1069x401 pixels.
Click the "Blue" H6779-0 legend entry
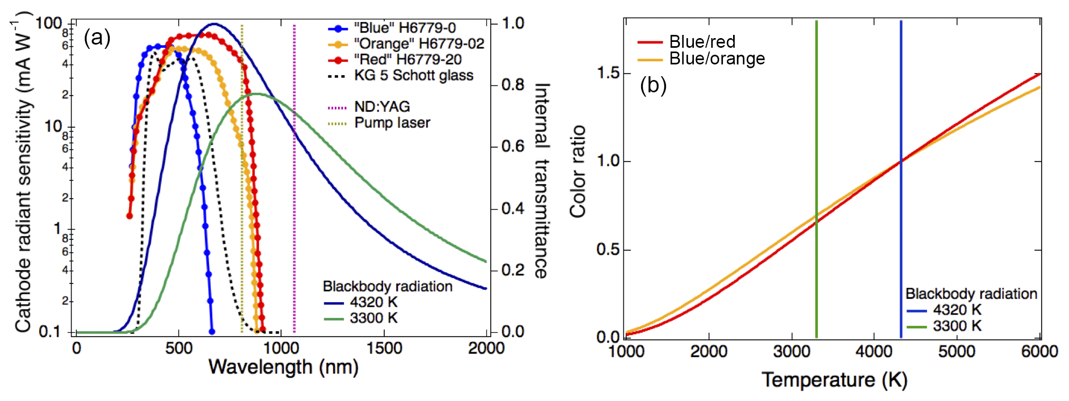point(404,28)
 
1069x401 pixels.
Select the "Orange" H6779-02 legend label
point(419,43)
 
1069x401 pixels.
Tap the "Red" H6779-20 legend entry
point(407,60)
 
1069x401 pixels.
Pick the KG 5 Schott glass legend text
point(413,75)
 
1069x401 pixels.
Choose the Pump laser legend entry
point(392,123)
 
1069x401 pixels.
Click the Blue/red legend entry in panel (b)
point(702,42)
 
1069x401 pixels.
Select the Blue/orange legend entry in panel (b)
point(716,59)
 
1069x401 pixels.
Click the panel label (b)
point(653,85)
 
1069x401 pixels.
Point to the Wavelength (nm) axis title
point(283,367)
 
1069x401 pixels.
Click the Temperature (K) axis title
point(834,380)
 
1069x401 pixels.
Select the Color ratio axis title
point(578,172)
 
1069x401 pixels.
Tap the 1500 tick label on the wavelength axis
point(384,348)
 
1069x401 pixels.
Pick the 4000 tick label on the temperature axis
point(874,352)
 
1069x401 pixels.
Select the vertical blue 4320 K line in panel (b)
point(901,107)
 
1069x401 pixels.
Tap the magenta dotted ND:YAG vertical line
point(294,215)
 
